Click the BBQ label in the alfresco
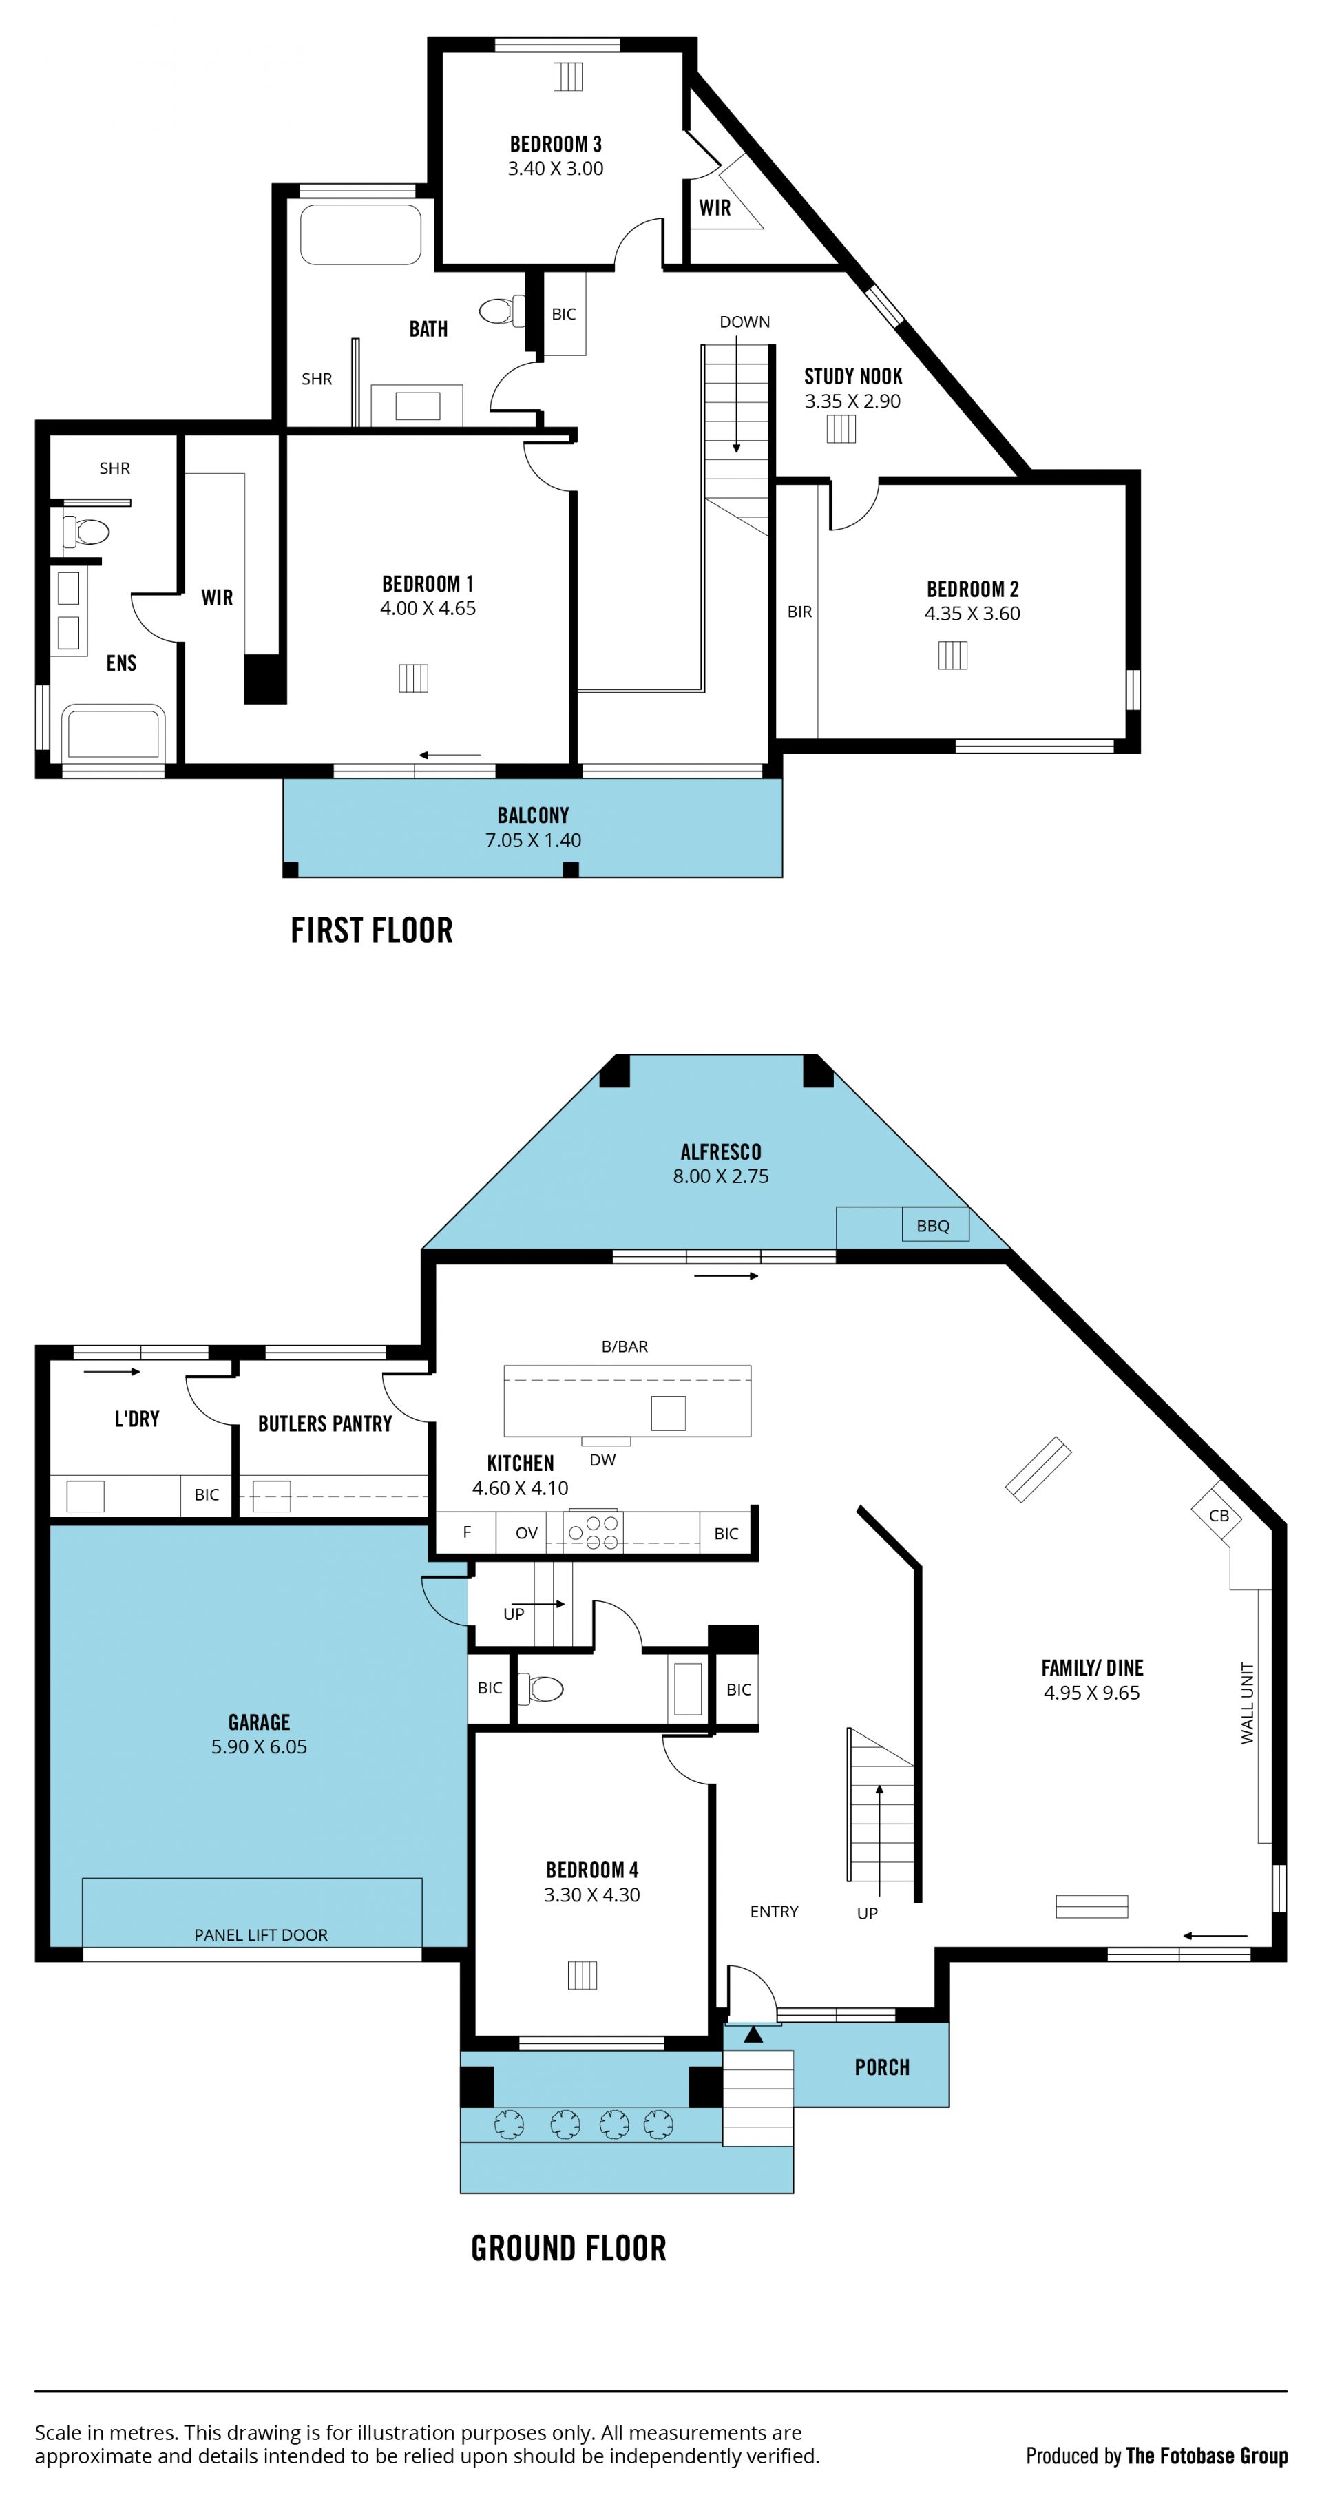point(932,1226)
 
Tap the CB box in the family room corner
point(1218,1514)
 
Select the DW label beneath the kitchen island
point(602,1459)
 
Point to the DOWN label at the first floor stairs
point(744,322)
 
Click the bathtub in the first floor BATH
point(361,233)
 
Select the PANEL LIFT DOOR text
point(260,1934)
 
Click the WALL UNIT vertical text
point(1247,1703)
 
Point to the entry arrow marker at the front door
point(753,2034)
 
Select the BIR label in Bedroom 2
point(799,612)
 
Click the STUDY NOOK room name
point(852,376)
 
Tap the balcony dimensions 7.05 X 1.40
point(533,840)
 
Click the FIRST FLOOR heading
point(371,930)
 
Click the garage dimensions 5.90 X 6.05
point(259,1746)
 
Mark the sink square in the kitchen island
point(668,1412)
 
